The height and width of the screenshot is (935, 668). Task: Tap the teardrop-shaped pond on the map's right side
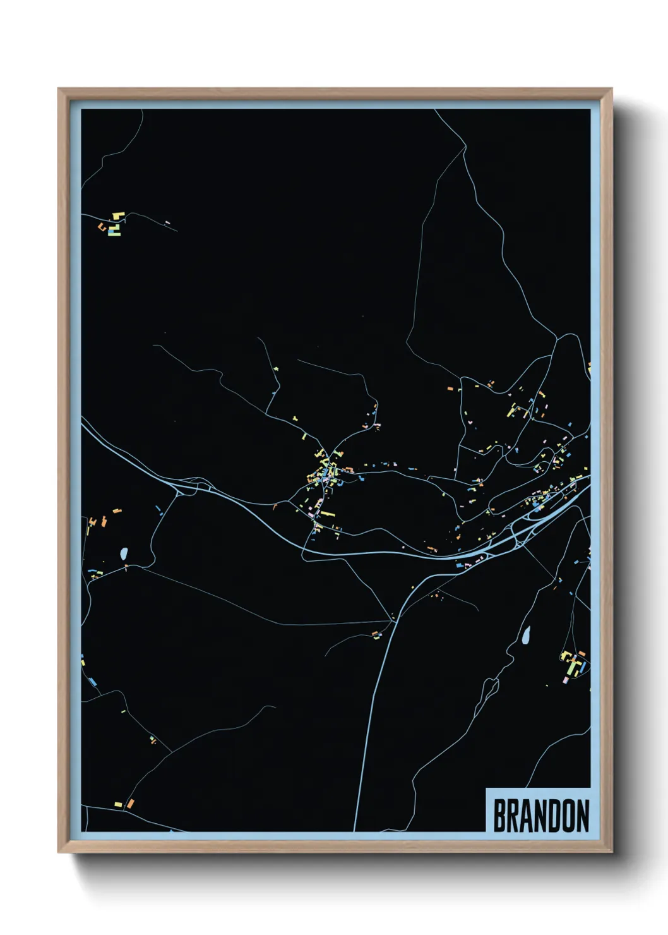click(525, 636)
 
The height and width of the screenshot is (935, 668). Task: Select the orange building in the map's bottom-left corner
click(131, 804)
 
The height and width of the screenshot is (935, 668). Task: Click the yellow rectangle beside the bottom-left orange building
click(118, 804)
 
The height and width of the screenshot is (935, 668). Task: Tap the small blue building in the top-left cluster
click(114, 232)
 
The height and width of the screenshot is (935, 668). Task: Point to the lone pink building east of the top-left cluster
click(167, 222)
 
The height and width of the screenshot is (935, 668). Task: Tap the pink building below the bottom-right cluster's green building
click(566, 680)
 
